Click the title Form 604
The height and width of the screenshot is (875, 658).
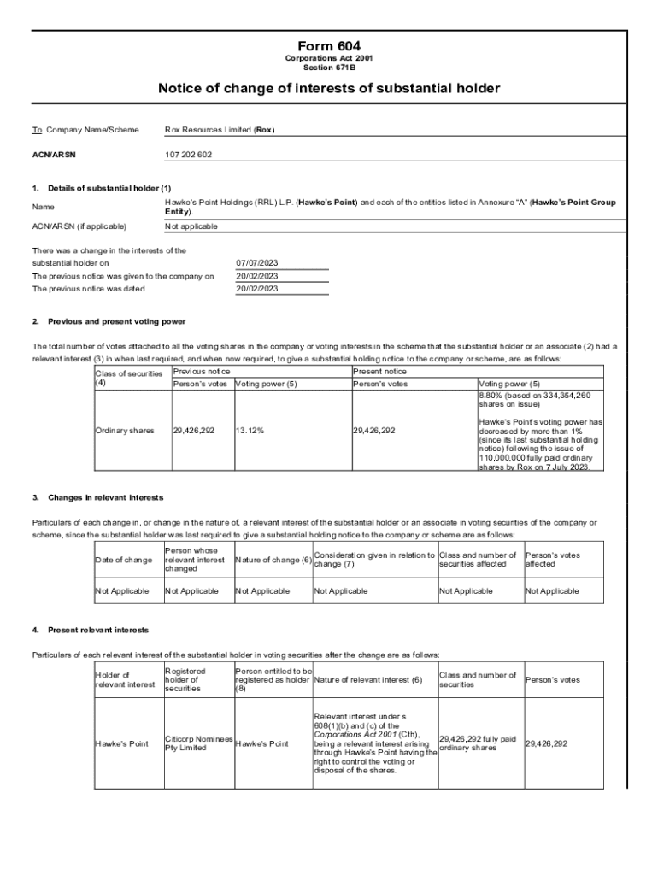(329, 45)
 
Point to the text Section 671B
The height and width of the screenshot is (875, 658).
(329, 67)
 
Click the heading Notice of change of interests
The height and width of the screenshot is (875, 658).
(329, 89)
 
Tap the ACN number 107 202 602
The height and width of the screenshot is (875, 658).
(188, 155)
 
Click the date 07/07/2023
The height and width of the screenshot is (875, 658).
(256, 263)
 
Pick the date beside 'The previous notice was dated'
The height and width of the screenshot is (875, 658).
(256, 289)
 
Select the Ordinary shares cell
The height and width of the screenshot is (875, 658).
(125, 431)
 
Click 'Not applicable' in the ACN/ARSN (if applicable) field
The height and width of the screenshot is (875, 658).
(191, 226)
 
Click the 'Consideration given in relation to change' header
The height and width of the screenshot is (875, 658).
(374, 560)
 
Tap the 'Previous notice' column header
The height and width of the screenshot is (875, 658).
(201, 372)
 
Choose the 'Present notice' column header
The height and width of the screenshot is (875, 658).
(379, 372)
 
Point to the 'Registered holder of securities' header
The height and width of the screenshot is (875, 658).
(185, 679)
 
